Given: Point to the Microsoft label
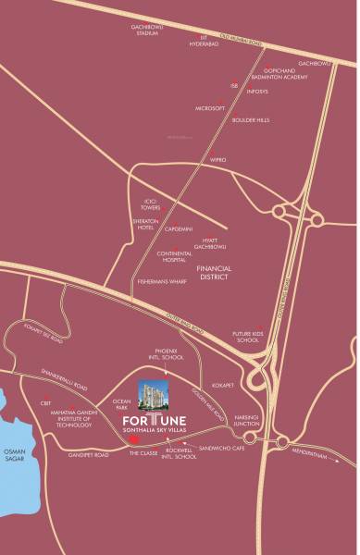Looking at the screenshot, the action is (x=210, y=108).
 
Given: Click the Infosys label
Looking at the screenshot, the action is (x=257, y=92).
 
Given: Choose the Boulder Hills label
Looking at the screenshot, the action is (x=250, y=119).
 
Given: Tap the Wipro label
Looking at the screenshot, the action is (x=218, y=160).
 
